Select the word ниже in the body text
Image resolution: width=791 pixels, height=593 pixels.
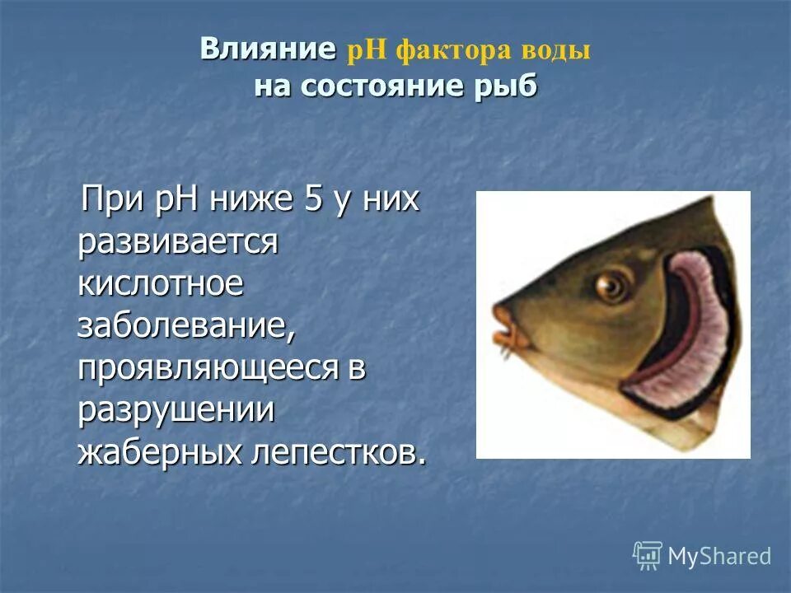pyautogui.click(x=251, y=200)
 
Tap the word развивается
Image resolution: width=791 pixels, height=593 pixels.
pyautogui.click(x=177, y=242)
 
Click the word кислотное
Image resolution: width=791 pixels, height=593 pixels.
pyautogui.click(x=161, y=284)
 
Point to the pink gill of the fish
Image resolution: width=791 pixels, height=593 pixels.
pyautogui.click(x=688, y=329)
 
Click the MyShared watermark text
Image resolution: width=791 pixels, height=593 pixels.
pyautogui.click(x=719, y=556)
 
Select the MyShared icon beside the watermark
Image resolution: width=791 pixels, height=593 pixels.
pyautogui.click(x=648, y=555)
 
